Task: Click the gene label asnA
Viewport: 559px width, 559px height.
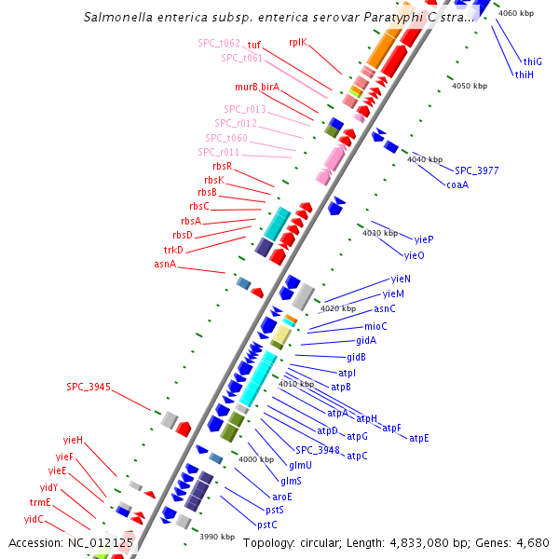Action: (165, 265)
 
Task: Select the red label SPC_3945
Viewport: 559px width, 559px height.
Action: (89, 387)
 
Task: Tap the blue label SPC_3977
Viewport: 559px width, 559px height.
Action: (477, 170)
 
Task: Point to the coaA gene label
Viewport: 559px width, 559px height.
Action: (457, 184)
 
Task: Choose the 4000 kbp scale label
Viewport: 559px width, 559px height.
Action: (256, 459)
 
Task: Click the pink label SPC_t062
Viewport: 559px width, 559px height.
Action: (219, 43)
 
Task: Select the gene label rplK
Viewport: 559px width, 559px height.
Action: (298, 42)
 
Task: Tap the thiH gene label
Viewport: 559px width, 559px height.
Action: (525, 75)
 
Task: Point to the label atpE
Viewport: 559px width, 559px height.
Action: (419, 438)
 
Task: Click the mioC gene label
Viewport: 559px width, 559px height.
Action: (375, 326)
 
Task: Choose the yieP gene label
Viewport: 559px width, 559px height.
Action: (424, 239)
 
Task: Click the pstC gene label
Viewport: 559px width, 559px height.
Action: (267, 525)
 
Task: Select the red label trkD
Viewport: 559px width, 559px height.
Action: (174, 250)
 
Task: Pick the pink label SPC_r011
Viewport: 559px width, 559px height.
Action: (219, 152)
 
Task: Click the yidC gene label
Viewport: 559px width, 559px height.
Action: (34, 518)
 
